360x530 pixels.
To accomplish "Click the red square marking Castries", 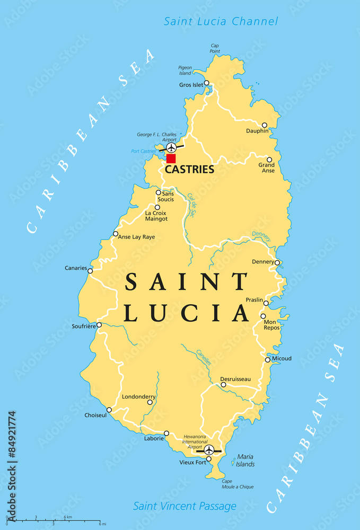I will (171, 158).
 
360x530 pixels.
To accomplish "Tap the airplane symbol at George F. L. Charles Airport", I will (171, 147).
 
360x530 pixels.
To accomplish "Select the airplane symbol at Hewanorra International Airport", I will (209, 450).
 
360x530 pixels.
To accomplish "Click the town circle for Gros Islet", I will (207, 83).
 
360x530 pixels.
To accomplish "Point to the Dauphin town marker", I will (265, 125).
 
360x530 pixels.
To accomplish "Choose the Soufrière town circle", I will (99, 325).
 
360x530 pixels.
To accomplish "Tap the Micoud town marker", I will (268, 359).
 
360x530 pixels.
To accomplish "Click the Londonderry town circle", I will (150, 402).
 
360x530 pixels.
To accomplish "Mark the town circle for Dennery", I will (277, 262).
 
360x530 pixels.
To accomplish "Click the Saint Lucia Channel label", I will (221, 21).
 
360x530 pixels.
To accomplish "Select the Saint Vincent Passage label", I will (185, 506).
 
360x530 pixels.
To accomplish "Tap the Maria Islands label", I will (245, 460).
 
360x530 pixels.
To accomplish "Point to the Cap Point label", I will (215, 49).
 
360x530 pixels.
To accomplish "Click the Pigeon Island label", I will (185, 70).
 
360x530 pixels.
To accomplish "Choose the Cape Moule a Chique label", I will (237, 484).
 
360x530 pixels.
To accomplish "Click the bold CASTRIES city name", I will (189, 170).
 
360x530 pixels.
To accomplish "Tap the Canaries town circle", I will (90, 271).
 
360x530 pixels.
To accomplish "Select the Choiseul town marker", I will (109, 410).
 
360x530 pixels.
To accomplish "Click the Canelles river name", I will (204, 357).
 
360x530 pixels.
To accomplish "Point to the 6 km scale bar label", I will (68, 517).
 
